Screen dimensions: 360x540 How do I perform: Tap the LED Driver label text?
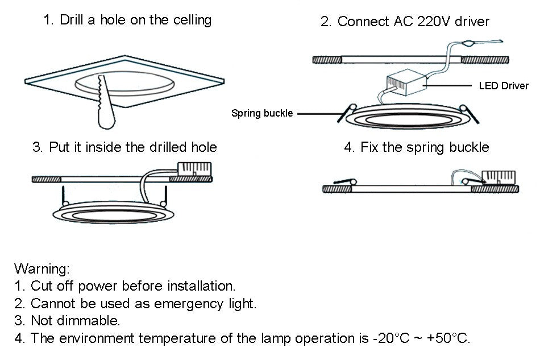504,86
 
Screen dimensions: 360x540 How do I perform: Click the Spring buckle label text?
262,113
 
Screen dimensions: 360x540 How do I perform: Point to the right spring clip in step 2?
470,113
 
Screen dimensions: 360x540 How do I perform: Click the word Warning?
41,268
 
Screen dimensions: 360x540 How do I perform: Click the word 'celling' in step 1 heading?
191,20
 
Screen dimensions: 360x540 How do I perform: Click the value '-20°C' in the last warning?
393,338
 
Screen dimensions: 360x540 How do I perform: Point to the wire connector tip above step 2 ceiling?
470,42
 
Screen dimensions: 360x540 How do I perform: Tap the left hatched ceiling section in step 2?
326,59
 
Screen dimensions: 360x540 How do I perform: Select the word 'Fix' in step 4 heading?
369,147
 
